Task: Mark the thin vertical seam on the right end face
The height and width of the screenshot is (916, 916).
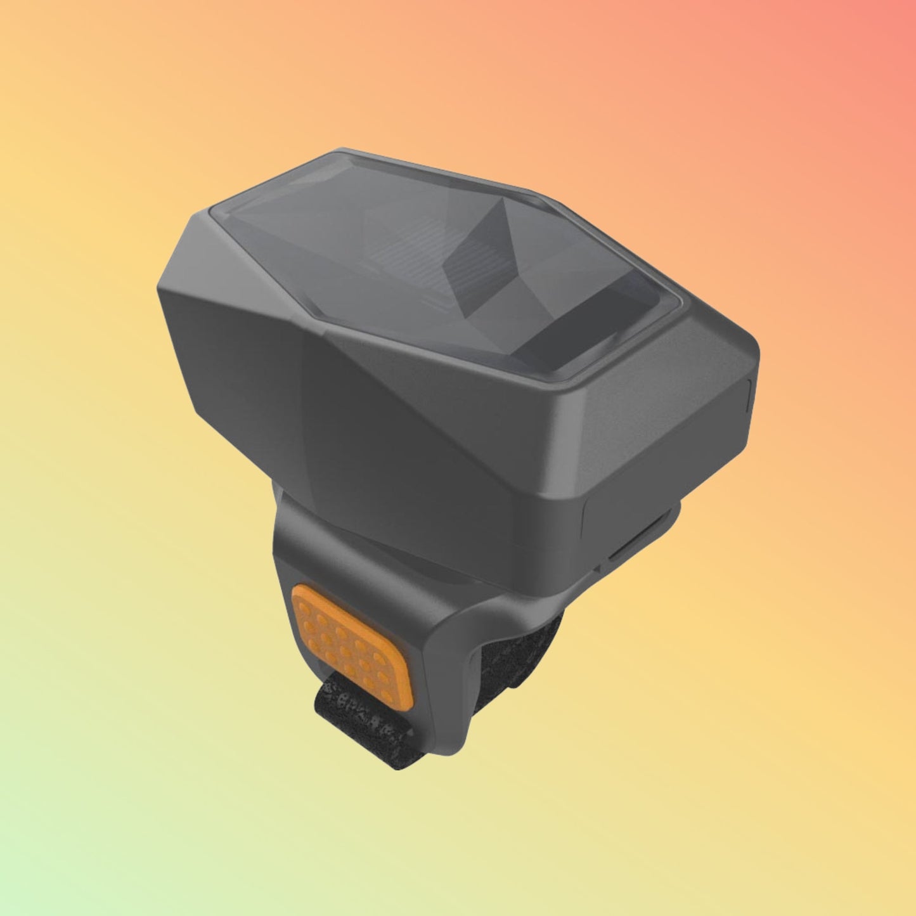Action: click(x=751, y=396)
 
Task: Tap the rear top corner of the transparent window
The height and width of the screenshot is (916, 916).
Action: click(x=342, y=152)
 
